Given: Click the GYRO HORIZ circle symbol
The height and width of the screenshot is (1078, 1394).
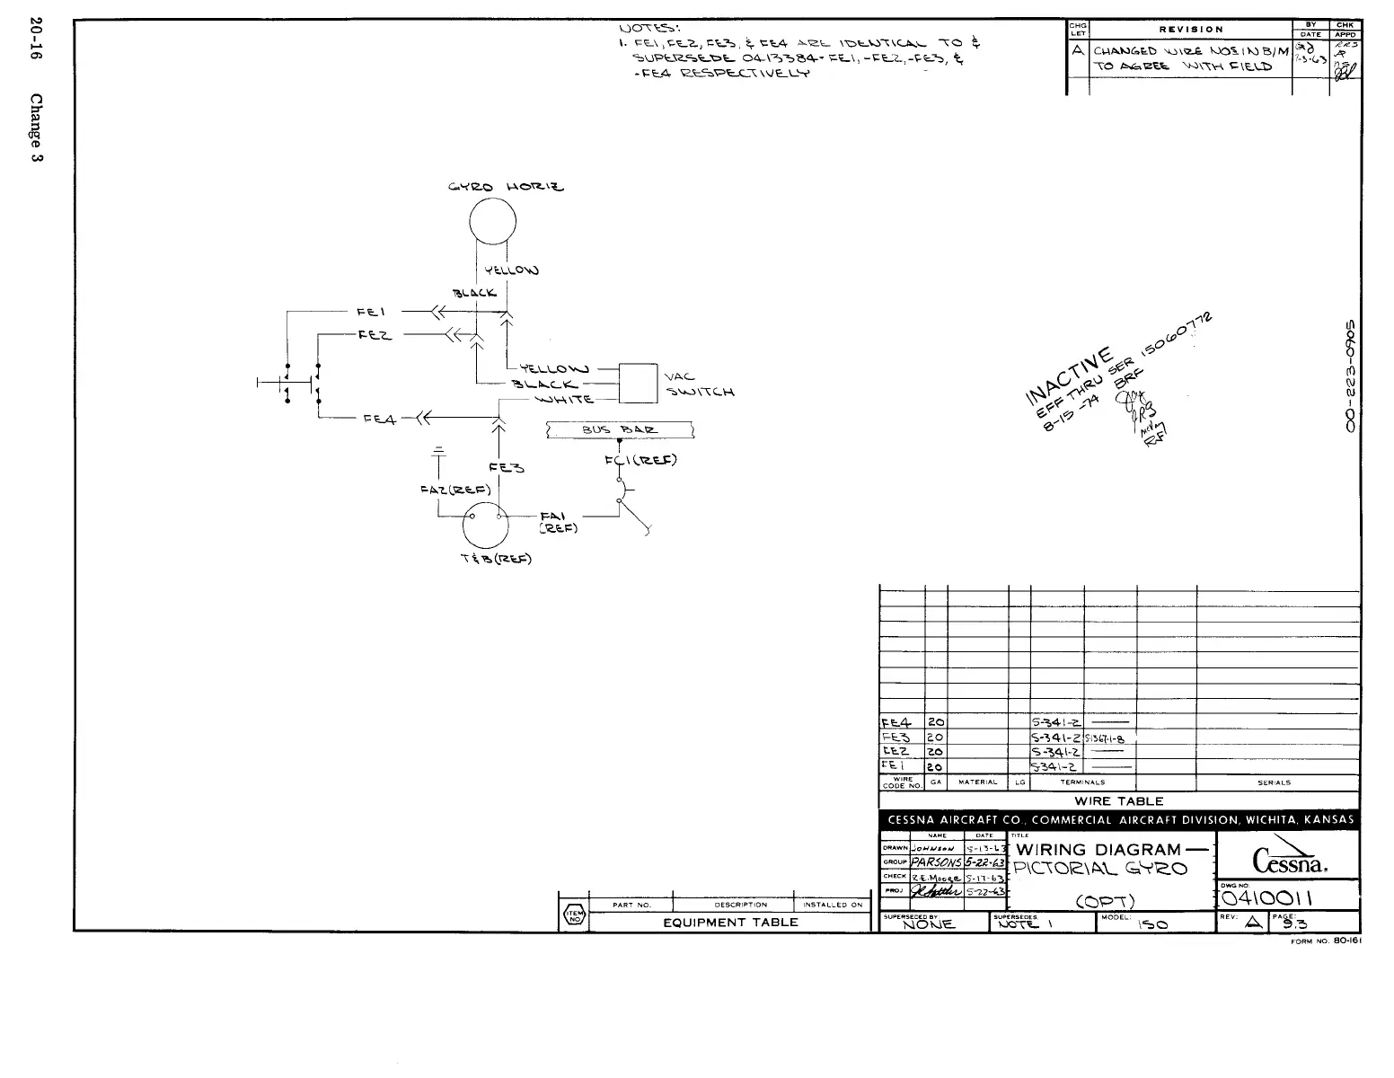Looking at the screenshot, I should [x=492, y=220].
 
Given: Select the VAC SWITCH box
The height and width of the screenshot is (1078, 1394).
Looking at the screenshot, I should [x=640, y=384].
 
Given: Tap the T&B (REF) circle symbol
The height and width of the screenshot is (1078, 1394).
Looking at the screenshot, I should [x=486, y=526].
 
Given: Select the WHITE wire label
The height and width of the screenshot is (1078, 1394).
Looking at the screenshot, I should [x=564, y=400].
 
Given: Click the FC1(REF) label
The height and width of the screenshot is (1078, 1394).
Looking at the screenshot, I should [x=640, y=462].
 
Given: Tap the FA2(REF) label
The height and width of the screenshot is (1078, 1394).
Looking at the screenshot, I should [x=454, y=490].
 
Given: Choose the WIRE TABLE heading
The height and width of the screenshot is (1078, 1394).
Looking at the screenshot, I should [x=1118, y=801].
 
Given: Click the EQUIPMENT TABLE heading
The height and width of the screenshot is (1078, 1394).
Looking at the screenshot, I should [x=729, y=923].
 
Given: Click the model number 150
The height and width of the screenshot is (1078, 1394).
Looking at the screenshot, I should [x=1158, y=924].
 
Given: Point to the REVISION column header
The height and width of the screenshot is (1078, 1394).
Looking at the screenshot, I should [x=1190, y=29].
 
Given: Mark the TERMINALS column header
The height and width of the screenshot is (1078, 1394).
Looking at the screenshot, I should [x=1082, y=782].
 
